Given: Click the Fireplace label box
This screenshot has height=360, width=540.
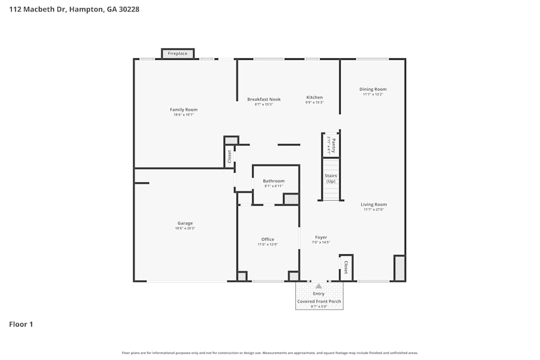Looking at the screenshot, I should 178,53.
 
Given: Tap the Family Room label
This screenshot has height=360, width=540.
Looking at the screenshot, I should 184,110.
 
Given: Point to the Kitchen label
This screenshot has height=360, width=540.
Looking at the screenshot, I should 314,98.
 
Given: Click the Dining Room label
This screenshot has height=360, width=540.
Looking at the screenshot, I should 373,90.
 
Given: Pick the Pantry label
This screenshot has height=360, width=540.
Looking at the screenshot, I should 333,145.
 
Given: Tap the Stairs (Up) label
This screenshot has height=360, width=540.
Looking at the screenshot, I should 330,179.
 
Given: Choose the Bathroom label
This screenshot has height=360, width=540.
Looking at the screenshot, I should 274,181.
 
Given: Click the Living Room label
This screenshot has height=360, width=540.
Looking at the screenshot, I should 374,205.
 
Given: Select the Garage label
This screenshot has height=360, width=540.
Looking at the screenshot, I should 185,223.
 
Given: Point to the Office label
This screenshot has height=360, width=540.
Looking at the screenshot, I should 268,240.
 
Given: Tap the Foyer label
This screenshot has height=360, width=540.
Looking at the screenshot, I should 321,237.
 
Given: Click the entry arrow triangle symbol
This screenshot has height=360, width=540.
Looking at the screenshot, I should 319,286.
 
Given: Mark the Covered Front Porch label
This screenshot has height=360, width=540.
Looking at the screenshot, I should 319,302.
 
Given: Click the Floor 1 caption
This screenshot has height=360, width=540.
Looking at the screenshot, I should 21,324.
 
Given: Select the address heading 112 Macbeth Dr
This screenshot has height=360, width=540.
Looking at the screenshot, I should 74,9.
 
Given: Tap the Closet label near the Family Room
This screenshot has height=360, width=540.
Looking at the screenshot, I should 230,157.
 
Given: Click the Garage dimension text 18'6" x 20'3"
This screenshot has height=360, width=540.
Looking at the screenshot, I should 185,228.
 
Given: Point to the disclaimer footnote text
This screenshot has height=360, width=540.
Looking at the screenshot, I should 270,353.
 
